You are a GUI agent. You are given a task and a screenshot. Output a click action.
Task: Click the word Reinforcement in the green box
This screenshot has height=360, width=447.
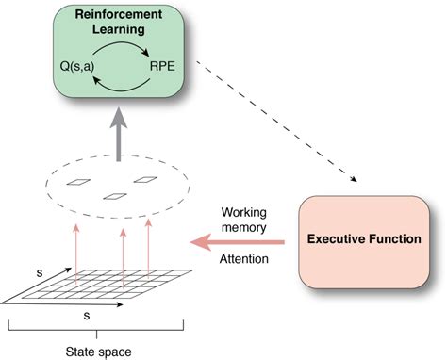119,16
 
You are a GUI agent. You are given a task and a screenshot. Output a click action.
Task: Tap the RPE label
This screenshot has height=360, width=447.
162,68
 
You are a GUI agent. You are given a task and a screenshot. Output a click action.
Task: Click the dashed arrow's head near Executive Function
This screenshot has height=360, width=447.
356,178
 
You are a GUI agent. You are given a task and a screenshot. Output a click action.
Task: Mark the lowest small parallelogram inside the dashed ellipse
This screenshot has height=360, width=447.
114,197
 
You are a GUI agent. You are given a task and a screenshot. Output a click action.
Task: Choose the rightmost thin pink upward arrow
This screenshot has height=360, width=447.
148,247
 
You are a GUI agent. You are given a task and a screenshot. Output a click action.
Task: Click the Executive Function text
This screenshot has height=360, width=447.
363,239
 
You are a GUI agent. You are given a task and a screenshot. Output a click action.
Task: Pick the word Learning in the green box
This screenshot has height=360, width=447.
119,31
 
